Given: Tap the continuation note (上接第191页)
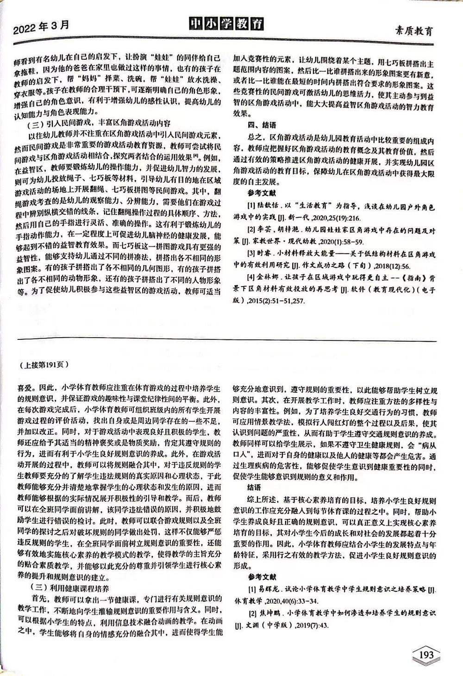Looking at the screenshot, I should (x=45, y=364).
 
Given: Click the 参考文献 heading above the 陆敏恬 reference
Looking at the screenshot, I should (x=262, y=192).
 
